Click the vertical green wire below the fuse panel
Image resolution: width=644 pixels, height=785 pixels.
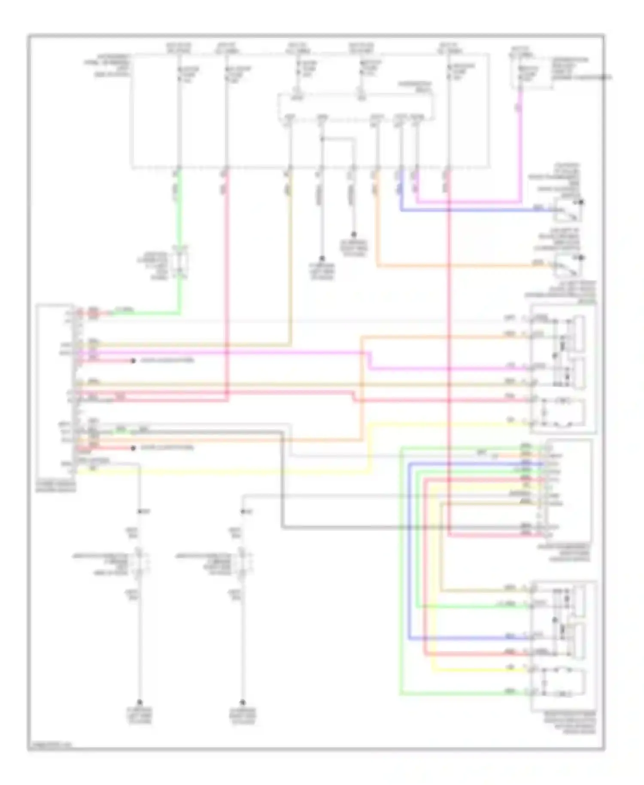pos(179,215)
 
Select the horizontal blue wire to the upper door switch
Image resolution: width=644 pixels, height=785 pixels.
pos(472,210)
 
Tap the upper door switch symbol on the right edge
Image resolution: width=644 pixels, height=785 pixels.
pos(569,210)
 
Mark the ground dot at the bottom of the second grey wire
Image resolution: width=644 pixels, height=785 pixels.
pos(243,703)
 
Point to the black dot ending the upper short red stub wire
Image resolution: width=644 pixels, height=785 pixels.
pos(133,361)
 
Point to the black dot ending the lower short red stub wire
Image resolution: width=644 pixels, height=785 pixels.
pos(133,448)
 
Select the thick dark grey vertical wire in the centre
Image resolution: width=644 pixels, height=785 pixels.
pos(283,481)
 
